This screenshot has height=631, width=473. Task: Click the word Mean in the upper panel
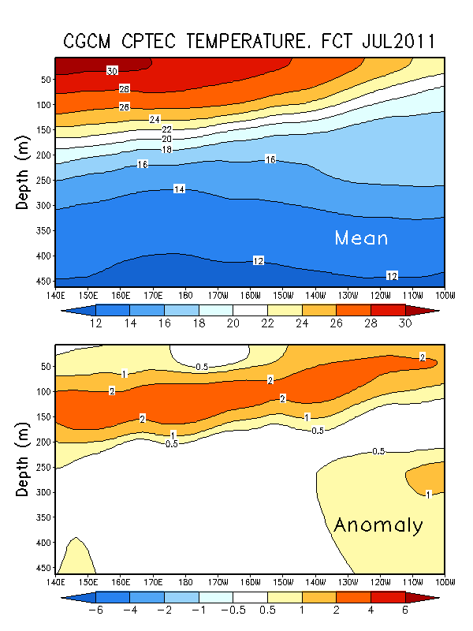point(362,237)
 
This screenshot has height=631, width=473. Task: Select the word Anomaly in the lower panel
point(378,525)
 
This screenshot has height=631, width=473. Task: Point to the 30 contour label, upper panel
point(112,71)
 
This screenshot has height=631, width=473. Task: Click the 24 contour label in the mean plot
point(155,119)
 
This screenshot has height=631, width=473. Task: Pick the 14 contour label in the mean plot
point(179,189)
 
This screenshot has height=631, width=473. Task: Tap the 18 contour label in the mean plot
point(166,149)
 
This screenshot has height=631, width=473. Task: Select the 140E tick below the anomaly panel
point(55,581)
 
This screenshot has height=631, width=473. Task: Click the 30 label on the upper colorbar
point(404,324)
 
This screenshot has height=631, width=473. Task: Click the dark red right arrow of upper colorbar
point(430,310)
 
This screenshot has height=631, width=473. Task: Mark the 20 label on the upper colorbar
point(233,324)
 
